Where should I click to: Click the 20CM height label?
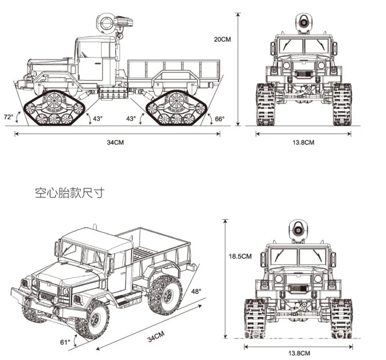tap(221, 39)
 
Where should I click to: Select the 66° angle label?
tap(220, 119)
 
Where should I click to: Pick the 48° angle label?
tap(196, 292)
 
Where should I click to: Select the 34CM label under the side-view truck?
tap(115, 142)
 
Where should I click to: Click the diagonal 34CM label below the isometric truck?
tap(156, 337)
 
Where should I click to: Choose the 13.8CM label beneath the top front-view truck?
tap(303, 142)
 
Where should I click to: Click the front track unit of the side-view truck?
tap(54, 108)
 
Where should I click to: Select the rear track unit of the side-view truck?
tap(176, 108)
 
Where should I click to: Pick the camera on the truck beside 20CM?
tap(303, 21)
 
